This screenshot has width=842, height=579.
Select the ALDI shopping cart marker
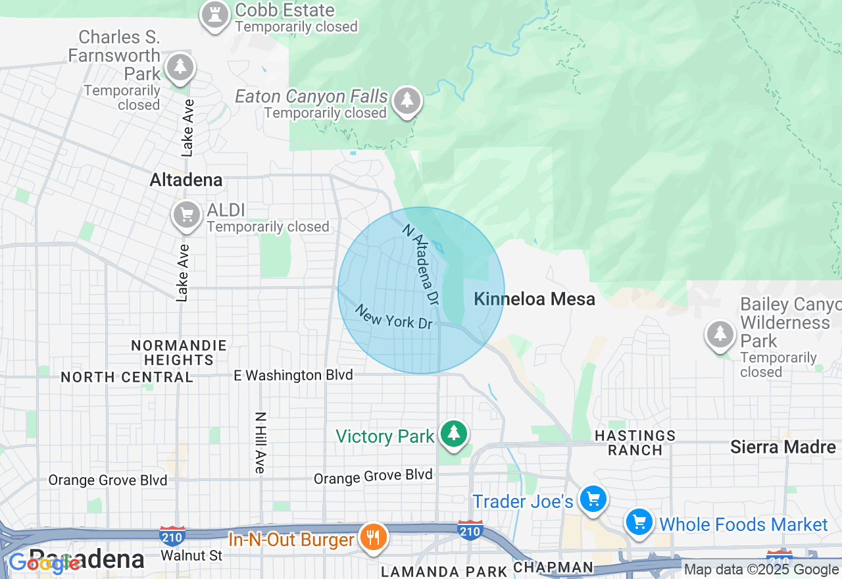point(186,214)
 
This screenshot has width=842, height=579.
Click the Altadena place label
point(186,180)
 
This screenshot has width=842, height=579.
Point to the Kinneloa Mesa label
point(534,299)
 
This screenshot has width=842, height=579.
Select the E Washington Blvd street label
point(293,375)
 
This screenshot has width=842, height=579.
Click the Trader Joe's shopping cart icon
point(593,499)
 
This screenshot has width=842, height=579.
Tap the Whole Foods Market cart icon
point(638,522)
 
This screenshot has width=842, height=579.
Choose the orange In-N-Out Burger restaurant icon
point(373,537)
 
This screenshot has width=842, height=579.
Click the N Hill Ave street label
point(260,442)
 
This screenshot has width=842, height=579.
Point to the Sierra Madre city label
point(783,447)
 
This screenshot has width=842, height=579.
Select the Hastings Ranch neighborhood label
point(635,443)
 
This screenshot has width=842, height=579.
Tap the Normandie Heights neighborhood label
point(178,353)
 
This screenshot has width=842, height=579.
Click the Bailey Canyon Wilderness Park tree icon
point(720,334)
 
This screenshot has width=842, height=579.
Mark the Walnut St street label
point(192,556)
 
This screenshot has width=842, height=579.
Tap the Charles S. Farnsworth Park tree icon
point(180,67)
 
